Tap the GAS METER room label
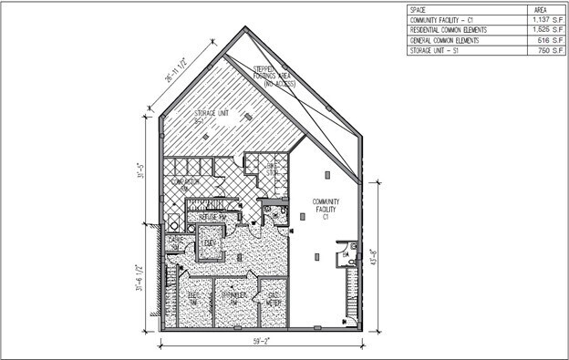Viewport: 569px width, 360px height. pos(271,301)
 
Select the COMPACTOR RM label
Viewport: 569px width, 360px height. pos(186,184)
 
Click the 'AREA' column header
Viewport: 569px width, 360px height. pos(538,9)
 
